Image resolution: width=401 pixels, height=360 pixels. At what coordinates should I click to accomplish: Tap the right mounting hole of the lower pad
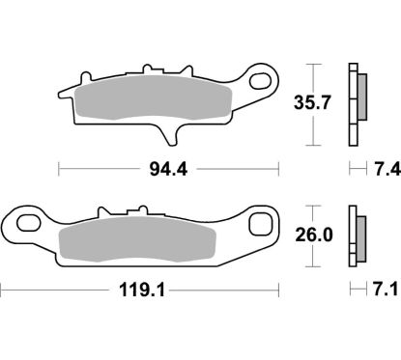[x=258, y=225]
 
